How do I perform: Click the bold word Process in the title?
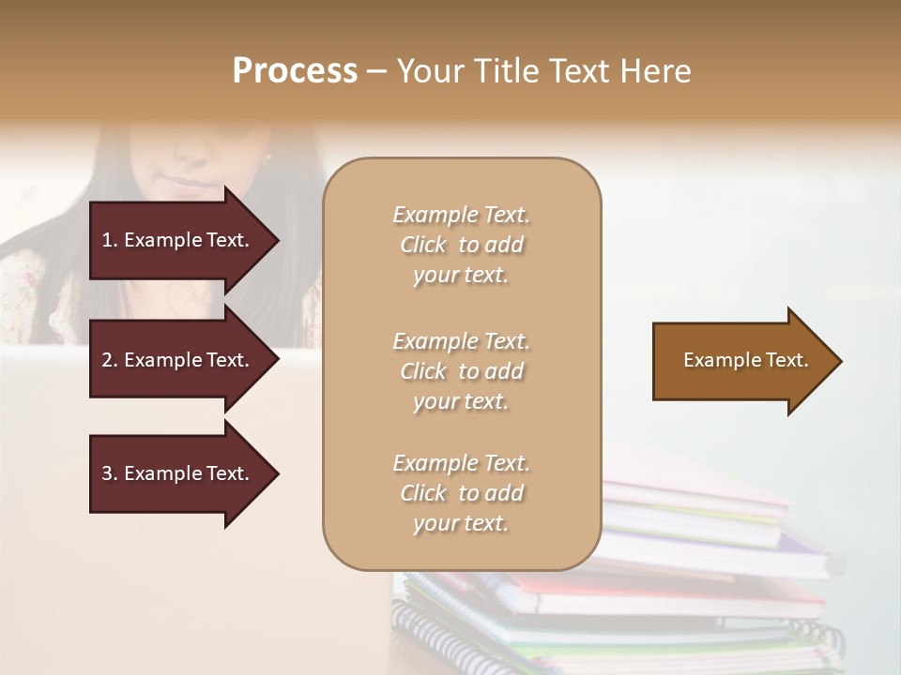tap(295, 71)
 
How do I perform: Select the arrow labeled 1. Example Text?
tap(178, 240)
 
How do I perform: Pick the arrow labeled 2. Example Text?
tap(178, 360)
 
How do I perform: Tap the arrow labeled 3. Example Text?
tap(178, 473)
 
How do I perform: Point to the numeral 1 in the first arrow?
tap(107, 240)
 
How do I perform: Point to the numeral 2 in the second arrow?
tap(107, 360)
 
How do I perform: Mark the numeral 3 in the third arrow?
tap(107, 473)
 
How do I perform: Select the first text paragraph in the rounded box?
tap(461, 245)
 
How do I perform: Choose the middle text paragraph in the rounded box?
tap(461, 371)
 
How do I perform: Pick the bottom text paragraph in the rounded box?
tap(461, 493)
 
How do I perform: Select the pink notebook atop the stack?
tap(695, 492)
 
